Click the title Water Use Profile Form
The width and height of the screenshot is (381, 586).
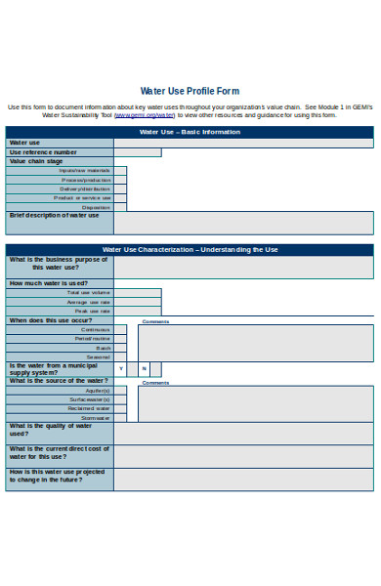click(190, 91)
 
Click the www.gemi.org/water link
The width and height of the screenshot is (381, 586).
click(146, 114)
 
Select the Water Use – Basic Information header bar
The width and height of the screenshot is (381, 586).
click(190, 132)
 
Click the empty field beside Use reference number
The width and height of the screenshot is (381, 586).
click(137, 152)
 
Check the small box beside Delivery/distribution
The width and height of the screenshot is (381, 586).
click(119, 188)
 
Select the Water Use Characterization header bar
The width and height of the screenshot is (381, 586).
click(190, 250)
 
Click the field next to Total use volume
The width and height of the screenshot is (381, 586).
click(137, 292)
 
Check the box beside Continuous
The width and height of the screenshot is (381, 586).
click(119, 329)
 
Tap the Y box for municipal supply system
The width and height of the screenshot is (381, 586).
click(120, 369)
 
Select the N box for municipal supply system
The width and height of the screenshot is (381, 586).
click(144, 369)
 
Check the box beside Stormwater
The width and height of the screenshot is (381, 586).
click(119, 418)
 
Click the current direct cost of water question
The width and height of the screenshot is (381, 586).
click(59, 452)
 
